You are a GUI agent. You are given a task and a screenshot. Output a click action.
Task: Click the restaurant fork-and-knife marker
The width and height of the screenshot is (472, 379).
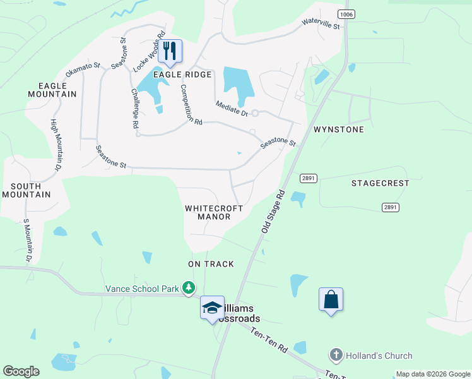pos(169,51)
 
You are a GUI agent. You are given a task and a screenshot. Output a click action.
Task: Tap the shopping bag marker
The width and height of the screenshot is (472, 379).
pos(331,299)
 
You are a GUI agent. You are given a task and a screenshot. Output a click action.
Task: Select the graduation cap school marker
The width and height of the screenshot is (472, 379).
pos(213,308)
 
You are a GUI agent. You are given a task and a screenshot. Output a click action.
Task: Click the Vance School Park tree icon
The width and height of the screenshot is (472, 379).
pos(188,288)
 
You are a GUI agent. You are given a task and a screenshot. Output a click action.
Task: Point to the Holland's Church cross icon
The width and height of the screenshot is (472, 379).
pos(336,356)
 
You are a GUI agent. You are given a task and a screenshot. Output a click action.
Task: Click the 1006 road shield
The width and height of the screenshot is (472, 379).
pos(345,14)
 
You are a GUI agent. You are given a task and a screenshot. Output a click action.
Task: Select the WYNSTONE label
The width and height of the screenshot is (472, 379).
pos(339,129)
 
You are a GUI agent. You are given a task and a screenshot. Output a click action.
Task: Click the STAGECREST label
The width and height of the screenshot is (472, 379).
pos(381,183)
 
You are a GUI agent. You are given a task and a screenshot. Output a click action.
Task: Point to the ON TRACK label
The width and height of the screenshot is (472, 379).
pos(211,264)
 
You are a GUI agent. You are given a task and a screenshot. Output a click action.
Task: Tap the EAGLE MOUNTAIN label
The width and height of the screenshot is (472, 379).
pos(52,90)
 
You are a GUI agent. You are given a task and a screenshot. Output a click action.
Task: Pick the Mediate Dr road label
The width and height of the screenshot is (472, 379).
pos(232,109)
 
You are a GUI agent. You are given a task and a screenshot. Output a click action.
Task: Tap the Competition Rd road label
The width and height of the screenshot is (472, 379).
pos(191,104)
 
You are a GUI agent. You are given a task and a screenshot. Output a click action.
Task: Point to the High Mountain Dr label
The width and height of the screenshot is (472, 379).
pos(56,145)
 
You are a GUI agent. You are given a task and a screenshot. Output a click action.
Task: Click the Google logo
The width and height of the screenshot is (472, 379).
pos(21,371)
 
